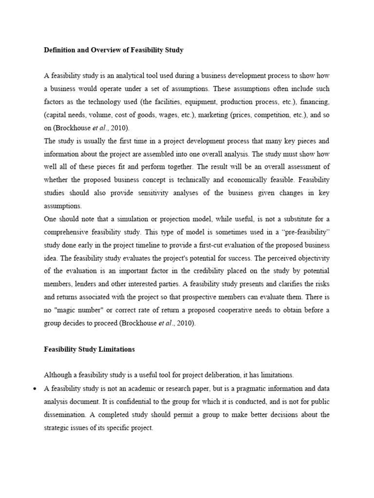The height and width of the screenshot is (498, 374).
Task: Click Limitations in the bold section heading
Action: click(x=113, y=349)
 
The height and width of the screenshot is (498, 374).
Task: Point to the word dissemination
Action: click(x=67, y=415)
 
